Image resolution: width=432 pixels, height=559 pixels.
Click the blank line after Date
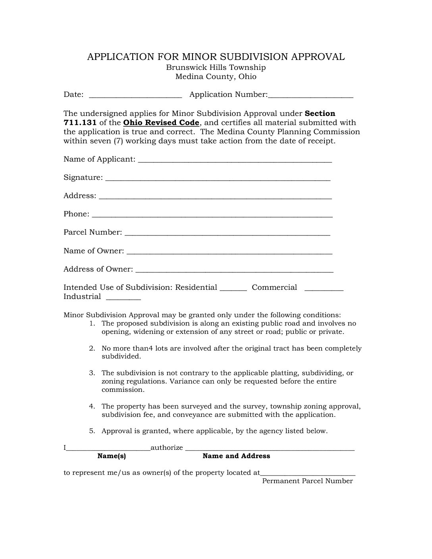[x=135, y=96]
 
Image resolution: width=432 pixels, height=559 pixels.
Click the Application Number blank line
[x=310, y=96]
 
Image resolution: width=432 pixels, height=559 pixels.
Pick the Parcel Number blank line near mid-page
[x=227, y=233]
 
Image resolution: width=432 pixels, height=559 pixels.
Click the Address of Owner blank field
[x=234, y=270]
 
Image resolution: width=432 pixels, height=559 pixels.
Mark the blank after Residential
[x=233, y=289]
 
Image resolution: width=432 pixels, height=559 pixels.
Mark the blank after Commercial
[x=324, y=289]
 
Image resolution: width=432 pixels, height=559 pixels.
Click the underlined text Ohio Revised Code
[x=161, y=123]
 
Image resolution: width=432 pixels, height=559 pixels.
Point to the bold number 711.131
[x=79, y=123]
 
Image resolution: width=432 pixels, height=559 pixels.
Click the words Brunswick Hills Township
[x=216, y=67]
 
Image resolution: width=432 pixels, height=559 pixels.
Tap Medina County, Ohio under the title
[x=216, y=77]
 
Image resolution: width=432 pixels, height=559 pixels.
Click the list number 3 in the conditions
[x=92, y=373]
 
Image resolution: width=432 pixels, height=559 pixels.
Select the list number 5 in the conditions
[x=92, y=431]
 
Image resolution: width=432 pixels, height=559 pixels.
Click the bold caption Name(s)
[x=112, y=456]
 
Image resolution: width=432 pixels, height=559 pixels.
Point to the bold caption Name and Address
[x=236, y=456]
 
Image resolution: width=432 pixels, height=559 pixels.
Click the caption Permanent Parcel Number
[x=307, y=481]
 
